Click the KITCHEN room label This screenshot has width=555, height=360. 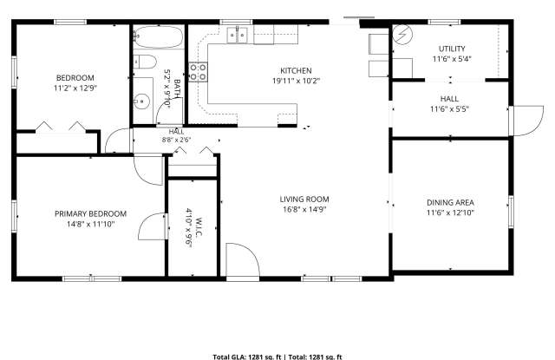tap(296, 71)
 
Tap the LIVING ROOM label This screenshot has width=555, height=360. tap(304, 200)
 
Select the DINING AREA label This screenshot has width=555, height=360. tap(450, 203)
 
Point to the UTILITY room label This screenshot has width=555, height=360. tap(452, 49)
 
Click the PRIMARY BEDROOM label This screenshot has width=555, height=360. tap(90, 214)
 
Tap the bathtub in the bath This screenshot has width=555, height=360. tap(159, 36)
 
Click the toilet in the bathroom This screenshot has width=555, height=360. tap(145, 62)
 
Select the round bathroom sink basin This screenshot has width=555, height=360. tap(141, 101)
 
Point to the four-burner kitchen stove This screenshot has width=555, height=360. tap(198, 72)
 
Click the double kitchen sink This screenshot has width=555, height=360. tap(237, 36)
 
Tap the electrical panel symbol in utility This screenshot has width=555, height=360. tap(402, 35)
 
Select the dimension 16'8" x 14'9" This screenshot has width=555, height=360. tap(304, 210)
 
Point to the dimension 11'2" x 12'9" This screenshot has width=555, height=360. tap(75, 88)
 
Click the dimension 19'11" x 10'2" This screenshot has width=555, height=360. tap(296, 81)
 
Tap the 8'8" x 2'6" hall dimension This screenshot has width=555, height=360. tap(176, 140)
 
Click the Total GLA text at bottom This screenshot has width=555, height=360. tap(246, 357)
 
